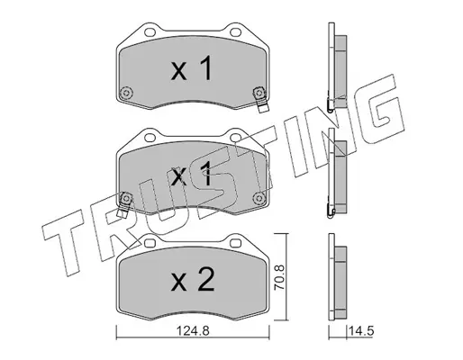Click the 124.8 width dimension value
[x=193, y=331]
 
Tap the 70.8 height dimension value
[x=280, y=277]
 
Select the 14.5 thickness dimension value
[x=361, y=331]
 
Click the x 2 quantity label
[x=193, y=280]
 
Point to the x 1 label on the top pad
[x=192, y=68]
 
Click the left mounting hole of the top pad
[x=150, y=31]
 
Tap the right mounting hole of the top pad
[x=235, y=31]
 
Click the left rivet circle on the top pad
[x=126, y=93]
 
